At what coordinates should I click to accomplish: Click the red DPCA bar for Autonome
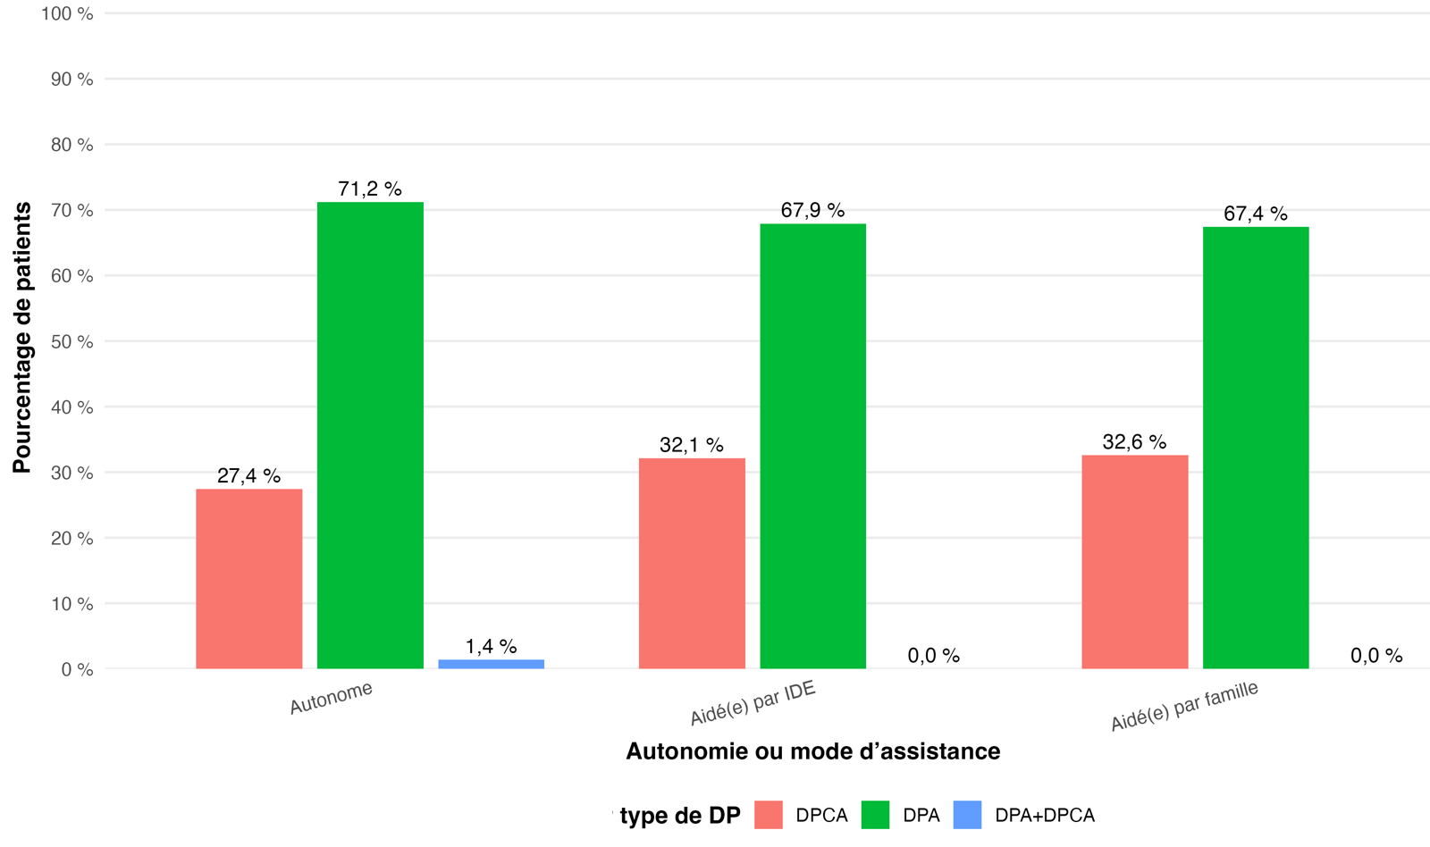[249, 579]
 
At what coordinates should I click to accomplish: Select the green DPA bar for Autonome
[370, 435]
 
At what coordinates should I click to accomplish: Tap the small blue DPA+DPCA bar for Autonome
[491, 665]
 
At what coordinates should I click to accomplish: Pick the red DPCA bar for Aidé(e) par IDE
[692, 564]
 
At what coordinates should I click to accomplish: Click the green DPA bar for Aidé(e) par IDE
[812, 446]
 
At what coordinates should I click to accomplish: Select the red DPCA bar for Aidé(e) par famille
[1135, 562]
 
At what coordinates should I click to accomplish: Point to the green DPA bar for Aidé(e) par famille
[1256, 449]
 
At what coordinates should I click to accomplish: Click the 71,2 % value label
[370, 189]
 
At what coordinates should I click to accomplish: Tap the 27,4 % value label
[249, 475]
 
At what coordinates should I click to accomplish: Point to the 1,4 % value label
[491, 647]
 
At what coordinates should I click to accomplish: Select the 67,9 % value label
[812, 210]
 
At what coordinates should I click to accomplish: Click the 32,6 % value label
[1134, 441]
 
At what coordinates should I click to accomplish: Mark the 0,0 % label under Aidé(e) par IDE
[933, 656]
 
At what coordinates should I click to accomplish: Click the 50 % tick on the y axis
[72, 342]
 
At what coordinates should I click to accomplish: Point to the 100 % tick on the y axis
[67, 14]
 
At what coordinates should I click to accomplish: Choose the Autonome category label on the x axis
[331, 699]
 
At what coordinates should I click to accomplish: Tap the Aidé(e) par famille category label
[1184, 706]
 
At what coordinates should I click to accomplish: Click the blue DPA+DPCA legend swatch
[967, 815]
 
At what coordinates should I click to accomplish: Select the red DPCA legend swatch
[768, 815]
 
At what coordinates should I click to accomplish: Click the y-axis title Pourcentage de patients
[21, 338]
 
